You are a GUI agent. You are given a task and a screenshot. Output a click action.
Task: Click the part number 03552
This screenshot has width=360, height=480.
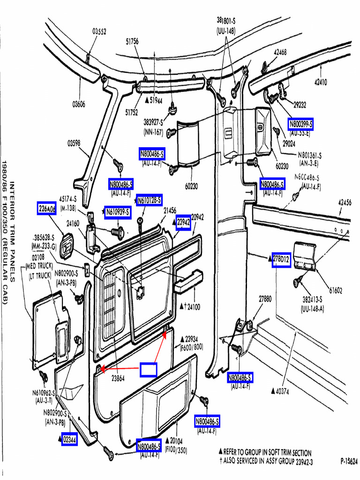[99, 31]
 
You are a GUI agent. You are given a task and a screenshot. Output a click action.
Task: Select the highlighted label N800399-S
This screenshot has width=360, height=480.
[300, 124]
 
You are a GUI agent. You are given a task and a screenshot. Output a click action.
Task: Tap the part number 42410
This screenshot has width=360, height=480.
[321, 82]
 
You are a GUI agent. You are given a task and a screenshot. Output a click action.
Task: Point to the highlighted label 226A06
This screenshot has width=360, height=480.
[47, 208]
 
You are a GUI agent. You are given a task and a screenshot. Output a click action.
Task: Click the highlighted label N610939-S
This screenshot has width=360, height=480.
[117, 212]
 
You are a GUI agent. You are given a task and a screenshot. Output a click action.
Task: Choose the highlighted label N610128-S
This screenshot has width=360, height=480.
[150, 200]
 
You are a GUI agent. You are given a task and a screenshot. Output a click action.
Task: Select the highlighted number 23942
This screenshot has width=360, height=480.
[183, 223]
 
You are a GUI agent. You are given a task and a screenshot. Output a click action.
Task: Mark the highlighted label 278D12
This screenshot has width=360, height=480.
[282, 259]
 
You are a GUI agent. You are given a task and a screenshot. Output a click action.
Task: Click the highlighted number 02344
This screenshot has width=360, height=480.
[70, 439]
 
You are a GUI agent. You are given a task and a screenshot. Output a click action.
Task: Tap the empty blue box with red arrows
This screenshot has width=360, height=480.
[148, 369]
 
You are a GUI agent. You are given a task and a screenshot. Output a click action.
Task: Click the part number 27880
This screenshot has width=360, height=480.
[265, 299]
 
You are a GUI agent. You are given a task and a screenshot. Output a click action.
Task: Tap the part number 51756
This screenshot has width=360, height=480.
[132, 41]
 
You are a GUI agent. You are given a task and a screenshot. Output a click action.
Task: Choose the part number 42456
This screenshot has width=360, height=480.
[345, 202]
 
